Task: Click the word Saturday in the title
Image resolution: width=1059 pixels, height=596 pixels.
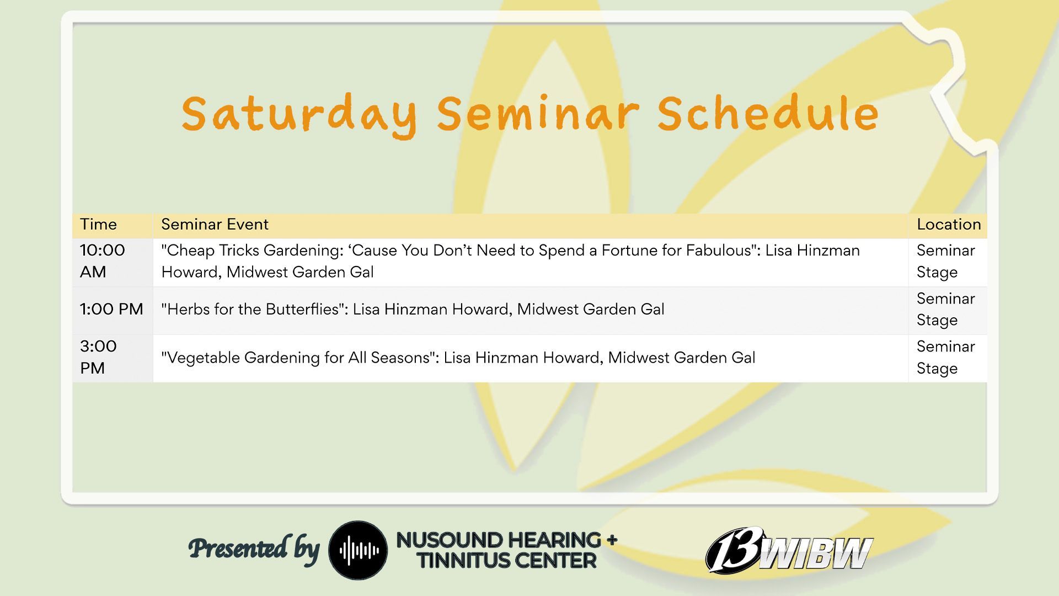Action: pos(299,114)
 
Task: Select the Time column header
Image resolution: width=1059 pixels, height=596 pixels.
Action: pos(98,224)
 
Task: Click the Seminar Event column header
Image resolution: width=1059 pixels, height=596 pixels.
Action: pos(215,224)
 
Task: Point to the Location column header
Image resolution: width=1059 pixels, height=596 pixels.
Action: pos(949,224)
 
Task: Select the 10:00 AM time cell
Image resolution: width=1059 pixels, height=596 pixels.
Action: pos(103,261)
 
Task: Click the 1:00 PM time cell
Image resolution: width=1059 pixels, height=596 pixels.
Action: pos(111,309)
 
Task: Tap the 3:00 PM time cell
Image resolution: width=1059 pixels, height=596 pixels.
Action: pos(98,357)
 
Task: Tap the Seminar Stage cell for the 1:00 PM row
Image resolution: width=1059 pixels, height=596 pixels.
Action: pos(945,309)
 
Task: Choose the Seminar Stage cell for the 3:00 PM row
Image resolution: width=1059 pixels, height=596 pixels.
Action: pos(945,357)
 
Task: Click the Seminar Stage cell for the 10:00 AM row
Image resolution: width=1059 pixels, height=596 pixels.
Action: pos(945,261)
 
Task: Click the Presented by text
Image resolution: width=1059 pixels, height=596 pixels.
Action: pos(254,549)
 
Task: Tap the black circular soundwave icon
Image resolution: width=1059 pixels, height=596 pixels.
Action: pos(358,550)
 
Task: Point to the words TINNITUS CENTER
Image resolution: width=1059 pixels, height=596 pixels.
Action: pos(506,561)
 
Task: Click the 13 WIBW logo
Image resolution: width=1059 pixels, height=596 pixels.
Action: pos(789,550)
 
